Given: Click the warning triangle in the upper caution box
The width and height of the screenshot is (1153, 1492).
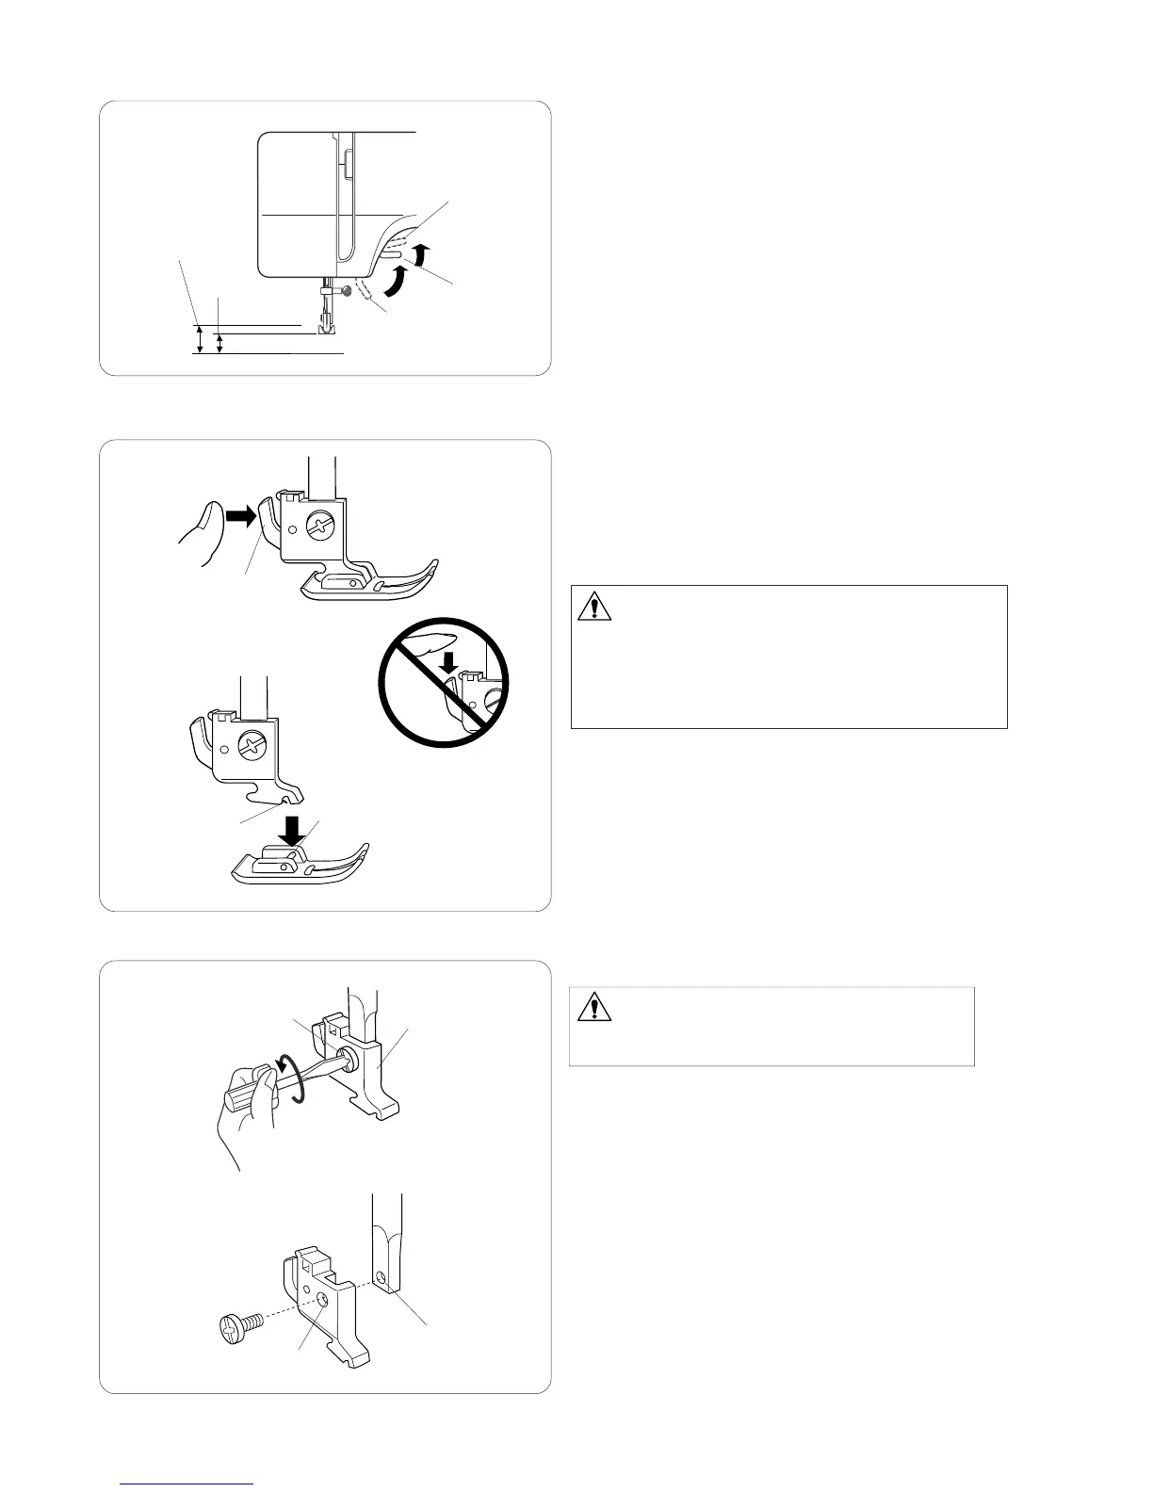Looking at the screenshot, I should [594, 605].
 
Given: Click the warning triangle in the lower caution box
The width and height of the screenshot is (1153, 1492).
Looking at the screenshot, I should [594, 1007].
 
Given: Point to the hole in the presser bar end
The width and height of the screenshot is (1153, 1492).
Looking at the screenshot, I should [381, 1277].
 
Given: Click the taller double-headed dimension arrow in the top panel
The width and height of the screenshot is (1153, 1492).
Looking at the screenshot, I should [200, 339].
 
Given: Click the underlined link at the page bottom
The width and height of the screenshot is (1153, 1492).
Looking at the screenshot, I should [188, 1483].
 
